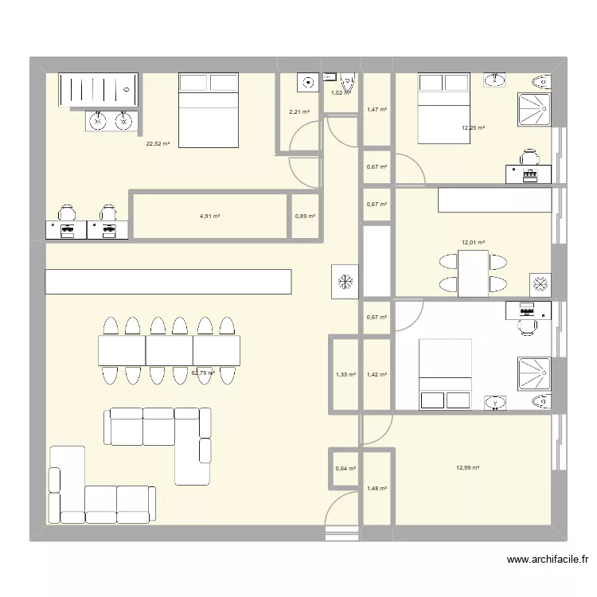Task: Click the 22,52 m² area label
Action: pos(158,144)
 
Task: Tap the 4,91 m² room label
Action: pos(209,216)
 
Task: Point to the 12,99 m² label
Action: pos(467,468)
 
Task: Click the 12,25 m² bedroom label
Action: pos(473,127)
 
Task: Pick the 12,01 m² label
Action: pos(474,243)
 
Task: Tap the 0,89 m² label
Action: pos(305,216)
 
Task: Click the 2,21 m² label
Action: pos(299,111)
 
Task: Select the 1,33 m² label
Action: pos(345,374)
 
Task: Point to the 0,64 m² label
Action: pos(345,469)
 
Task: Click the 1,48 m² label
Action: pos(377,488)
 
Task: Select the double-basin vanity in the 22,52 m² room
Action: pos(111,121)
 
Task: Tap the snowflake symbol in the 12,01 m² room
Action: pos(540,283)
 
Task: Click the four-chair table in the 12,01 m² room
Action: pos(473,273)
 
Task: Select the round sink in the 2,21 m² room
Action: pos(307,80)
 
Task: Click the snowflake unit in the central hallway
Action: pos(346,281)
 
